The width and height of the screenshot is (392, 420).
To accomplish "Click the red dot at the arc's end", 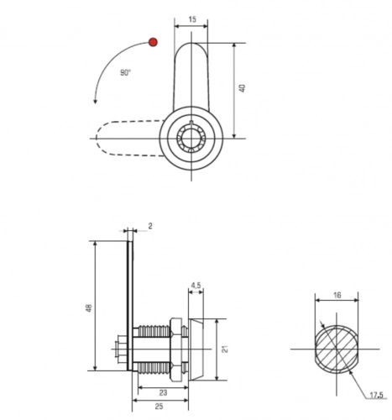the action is (153, 42).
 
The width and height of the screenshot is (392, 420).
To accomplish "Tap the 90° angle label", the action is (125, 72).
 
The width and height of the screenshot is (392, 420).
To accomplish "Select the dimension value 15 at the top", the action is (192, 19).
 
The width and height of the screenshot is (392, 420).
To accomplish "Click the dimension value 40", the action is (243, 88).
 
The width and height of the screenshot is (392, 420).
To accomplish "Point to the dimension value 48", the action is (89, 308).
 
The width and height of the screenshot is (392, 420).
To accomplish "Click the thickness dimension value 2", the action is (150, 226).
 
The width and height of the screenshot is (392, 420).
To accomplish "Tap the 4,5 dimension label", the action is (196, 286).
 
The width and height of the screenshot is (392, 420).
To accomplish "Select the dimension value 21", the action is (225, 349).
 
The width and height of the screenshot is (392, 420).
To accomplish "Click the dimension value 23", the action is (163, 393).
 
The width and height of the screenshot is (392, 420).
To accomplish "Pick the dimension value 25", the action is (159, 406).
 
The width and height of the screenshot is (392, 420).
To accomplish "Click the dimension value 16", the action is (337, 295).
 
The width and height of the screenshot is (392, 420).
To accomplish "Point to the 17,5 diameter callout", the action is (376, 395).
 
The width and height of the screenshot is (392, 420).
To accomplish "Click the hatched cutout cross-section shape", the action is (337, 349).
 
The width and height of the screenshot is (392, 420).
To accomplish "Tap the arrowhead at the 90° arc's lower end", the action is (95, 102).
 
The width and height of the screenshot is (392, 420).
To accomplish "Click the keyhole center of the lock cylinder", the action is (191, 138).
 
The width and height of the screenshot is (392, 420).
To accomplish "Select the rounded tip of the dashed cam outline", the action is (97, 138).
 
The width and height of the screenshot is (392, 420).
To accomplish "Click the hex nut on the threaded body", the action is (176, 349).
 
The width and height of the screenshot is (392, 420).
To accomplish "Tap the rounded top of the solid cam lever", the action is (191, 44).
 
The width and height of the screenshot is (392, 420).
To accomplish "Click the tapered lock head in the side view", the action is (196, 349).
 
